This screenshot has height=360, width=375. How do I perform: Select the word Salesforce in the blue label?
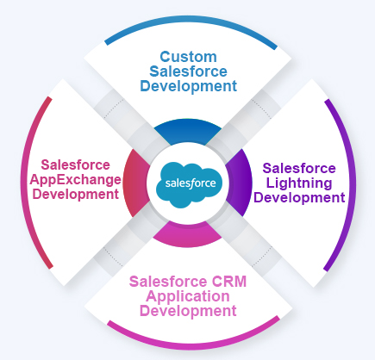pyautogui.click(x=186, y=71)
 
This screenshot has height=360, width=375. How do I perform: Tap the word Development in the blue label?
pyautogui.click(x=186, y=87)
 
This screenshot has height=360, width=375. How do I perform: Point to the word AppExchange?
pyautogui.click(x=79, y=179)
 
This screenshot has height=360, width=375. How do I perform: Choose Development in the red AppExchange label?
pyautogui.click(x=79, y=195)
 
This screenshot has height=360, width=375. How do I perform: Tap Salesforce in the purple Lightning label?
pyautogui.click(x=299, y=168)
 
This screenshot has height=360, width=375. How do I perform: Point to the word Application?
pyautogui.click(x=188, y=295)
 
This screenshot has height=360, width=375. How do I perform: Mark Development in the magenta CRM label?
pyautogui.click(x=188, y=311)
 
